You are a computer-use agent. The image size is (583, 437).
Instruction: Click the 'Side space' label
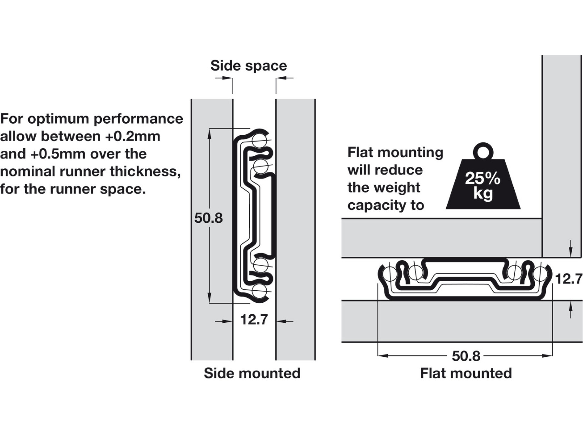point(248,66)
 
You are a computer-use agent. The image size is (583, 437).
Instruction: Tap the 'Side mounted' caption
point(252,373)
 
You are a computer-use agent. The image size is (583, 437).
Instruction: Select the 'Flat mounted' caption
point(466,373)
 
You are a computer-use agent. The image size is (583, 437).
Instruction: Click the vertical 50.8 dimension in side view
point(208,218)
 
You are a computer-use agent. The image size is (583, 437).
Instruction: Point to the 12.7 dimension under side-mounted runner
point(254,320)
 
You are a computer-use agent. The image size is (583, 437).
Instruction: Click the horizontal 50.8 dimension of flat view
point(466,356)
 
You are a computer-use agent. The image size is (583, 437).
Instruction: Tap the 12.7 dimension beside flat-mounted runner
point(569,279)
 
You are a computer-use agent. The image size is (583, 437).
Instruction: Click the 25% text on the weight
point(483,178)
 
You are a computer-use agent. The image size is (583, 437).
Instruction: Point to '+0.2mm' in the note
point(132,136)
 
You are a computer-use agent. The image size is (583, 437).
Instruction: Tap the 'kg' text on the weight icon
point(483,194)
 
